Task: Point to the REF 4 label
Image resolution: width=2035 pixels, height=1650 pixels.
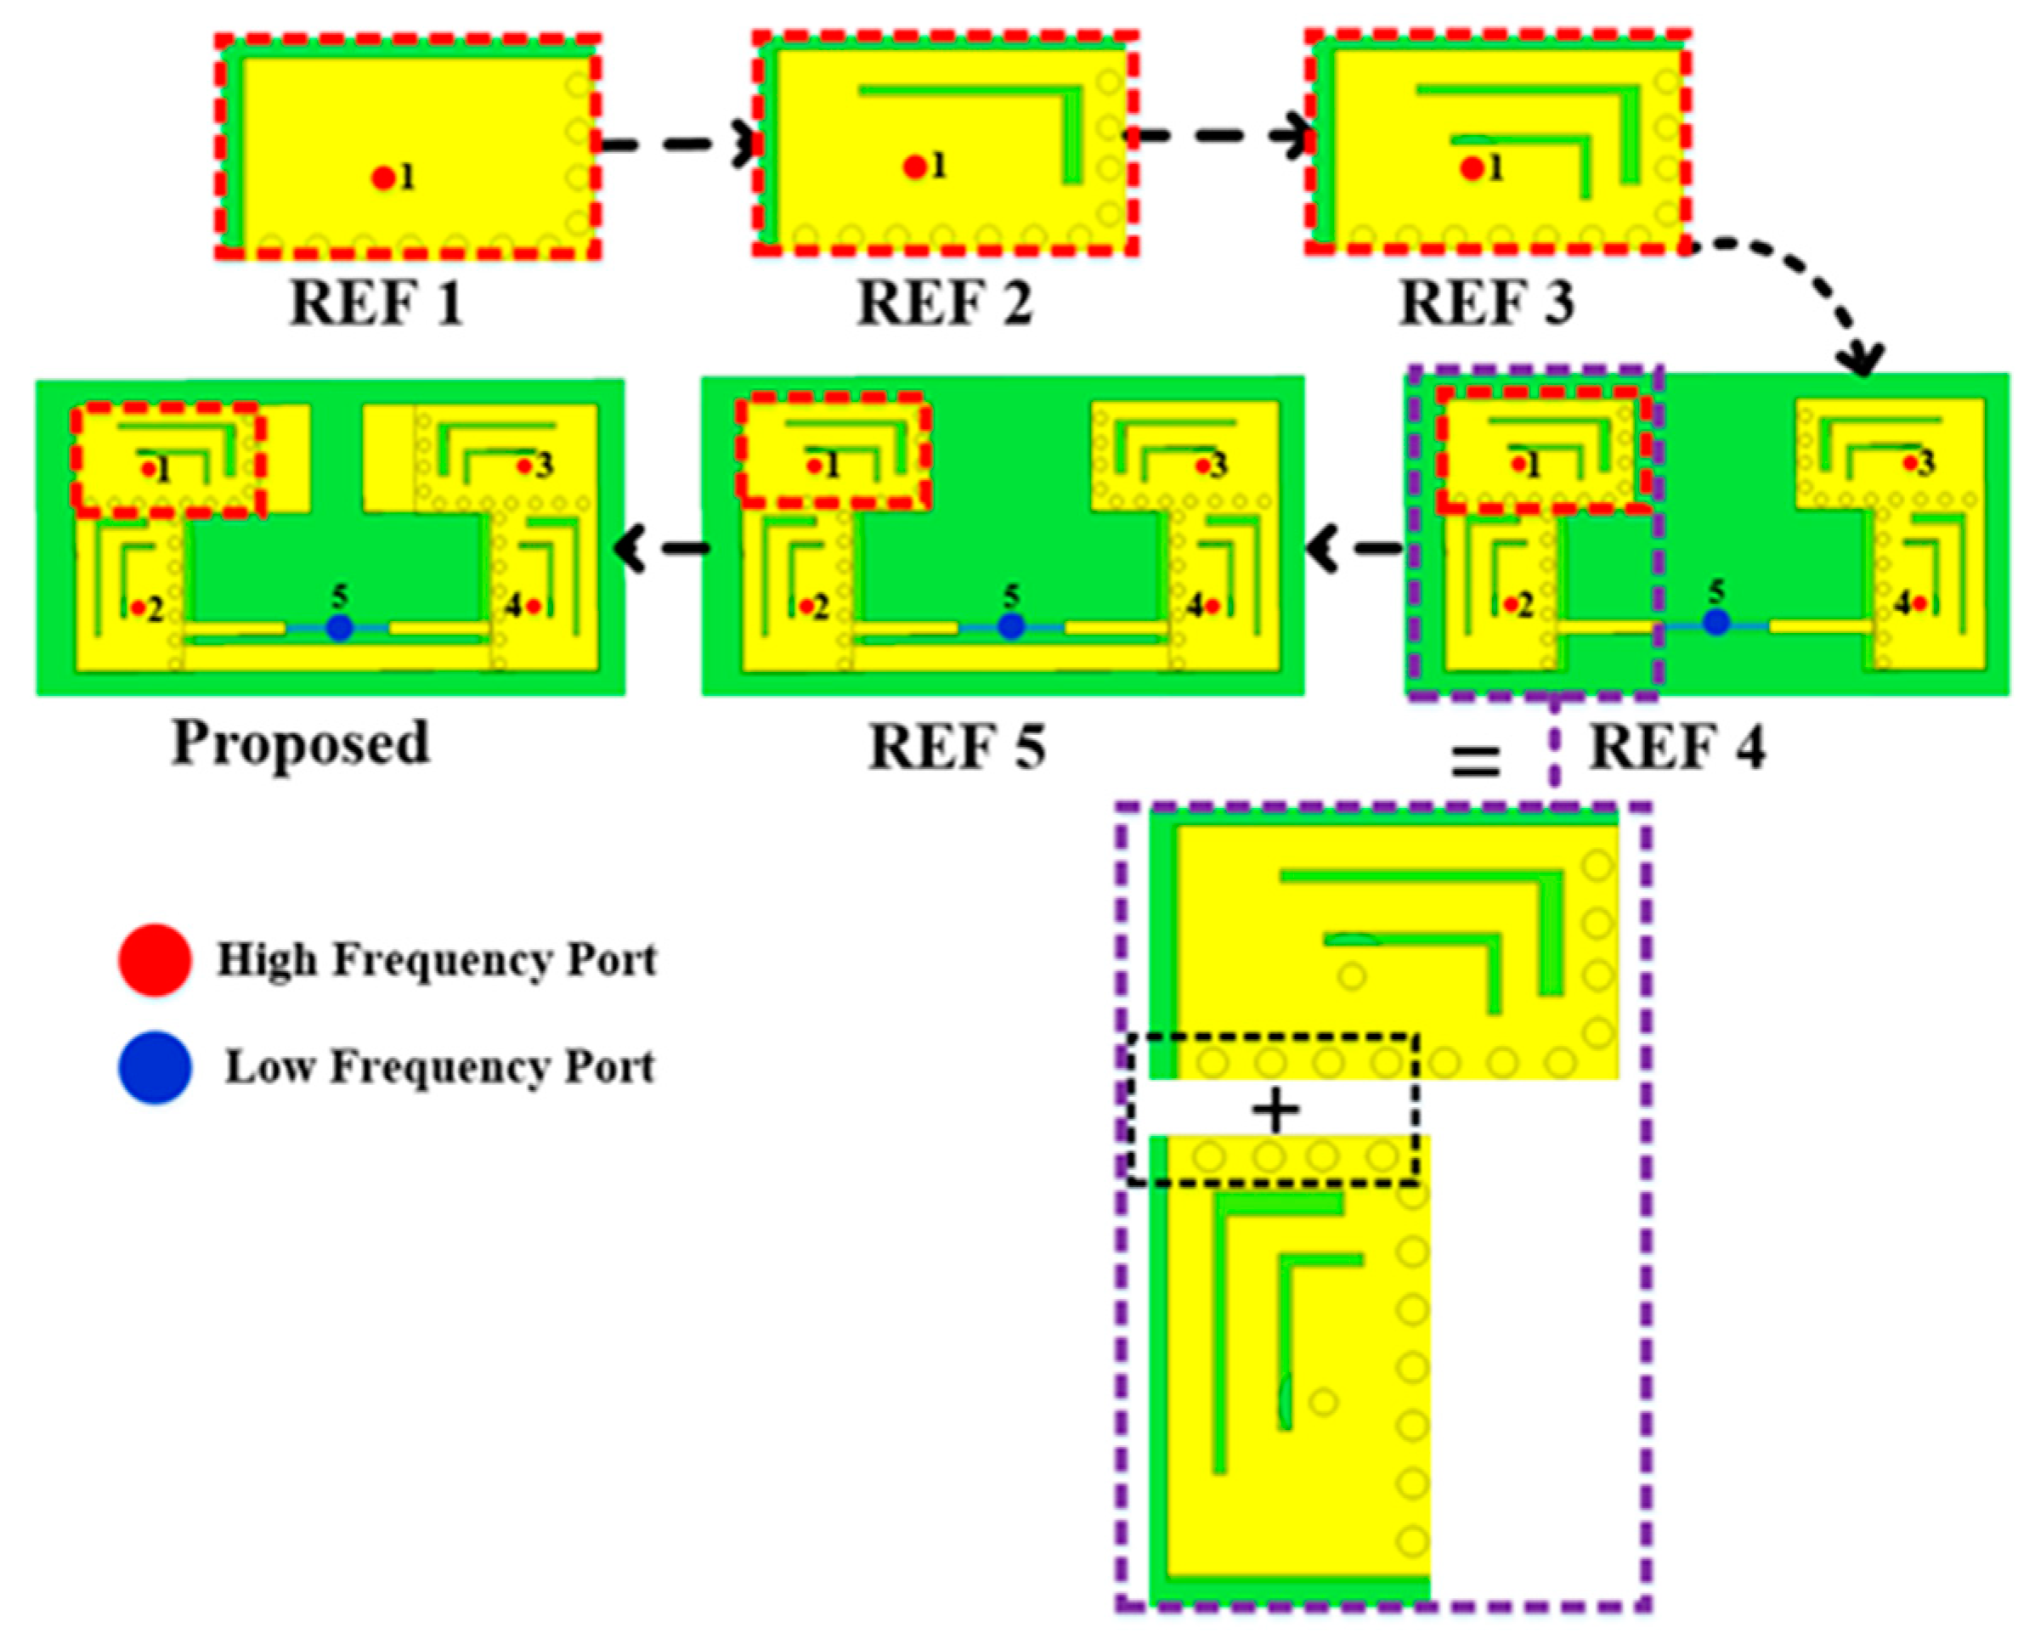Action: coord(1677,747)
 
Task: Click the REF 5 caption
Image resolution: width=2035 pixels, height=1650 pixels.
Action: coord(957,747)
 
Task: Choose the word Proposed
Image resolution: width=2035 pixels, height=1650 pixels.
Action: coord(300,743)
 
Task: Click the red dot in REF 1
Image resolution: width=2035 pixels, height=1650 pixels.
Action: coord(383,178)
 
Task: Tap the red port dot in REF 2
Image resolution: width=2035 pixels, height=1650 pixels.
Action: coord(914,167)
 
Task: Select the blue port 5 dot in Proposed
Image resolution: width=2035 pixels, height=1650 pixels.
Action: coord(339,627)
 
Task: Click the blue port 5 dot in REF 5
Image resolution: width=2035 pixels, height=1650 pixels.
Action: coord(1010,627)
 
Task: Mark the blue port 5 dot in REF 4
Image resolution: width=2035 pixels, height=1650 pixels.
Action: coord(1716,623)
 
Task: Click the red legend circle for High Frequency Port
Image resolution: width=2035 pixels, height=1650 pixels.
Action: coord(155,960)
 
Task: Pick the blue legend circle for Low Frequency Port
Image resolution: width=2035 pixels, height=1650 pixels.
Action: coord(155,1067)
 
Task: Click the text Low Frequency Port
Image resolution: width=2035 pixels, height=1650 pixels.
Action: coord(439,1067)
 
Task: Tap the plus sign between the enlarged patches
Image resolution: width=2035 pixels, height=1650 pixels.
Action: coord(1275,1111)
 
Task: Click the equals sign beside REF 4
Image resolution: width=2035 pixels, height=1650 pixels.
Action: coord(1474,761)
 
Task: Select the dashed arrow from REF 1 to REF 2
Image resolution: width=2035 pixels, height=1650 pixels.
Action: coord(678,145)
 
